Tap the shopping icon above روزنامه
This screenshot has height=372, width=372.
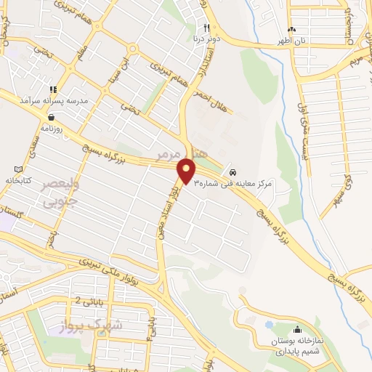coord(51,116)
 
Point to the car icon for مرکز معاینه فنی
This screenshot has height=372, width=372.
coord(232,173)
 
